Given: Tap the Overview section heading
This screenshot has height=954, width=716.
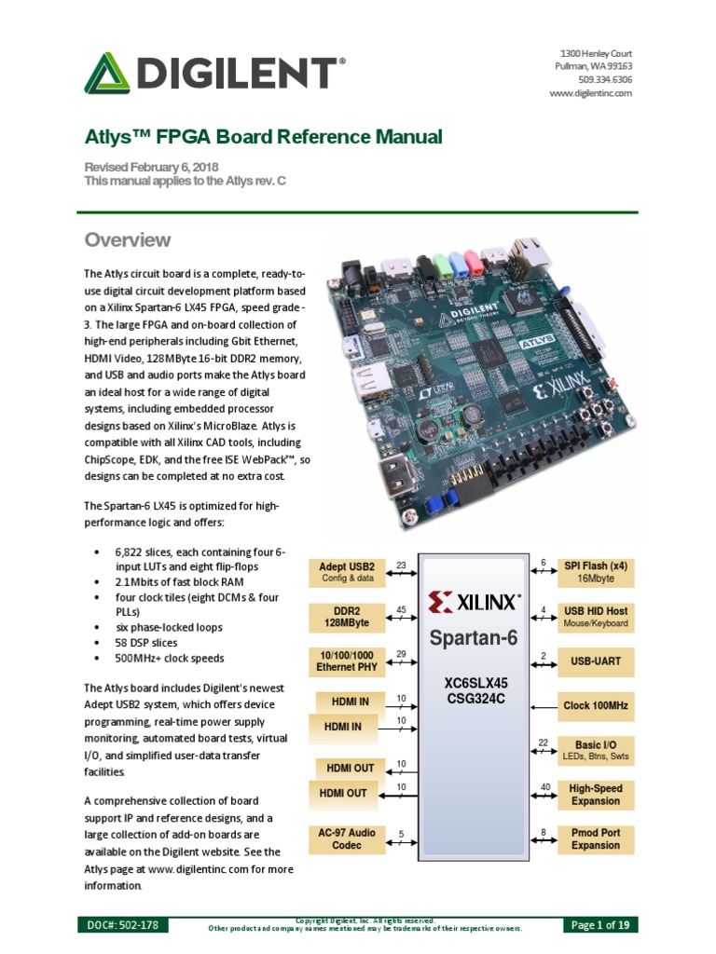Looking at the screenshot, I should coord(128,239).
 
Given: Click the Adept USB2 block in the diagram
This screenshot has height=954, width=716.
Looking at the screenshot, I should coord(346,571).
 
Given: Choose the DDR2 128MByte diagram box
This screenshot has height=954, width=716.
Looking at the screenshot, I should coord(346,616).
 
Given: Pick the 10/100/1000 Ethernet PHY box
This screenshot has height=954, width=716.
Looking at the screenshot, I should coord(346,661).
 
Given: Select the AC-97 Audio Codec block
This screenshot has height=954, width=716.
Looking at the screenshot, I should coord(346,838).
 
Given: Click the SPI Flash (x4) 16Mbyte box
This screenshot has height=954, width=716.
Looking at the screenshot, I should coord(595,571).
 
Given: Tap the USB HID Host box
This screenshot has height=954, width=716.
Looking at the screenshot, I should coord(595,616).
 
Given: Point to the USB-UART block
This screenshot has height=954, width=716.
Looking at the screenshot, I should coord(595,661).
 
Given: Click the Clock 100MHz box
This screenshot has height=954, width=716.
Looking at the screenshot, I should coord(595,706).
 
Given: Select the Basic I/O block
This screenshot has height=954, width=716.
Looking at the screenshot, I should coord(595,750).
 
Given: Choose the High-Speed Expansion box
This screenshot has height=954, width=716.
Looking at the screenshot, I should coord(595,795).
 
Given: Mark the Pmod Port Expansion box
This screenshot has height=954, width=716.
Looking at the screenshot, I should coord(595,838).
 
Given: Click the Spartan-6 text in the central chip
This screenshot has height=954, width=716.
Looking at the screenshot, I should coord(473,639).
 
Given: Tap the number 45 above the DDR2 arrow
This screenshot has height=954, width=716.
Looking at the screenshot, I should coord(401,609).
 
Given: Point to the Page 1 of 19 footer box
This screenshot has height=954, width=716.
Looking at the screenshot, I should coord(601,925).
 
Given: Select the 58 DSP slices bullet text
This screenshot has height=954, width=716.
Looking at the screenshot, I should coord(146,643).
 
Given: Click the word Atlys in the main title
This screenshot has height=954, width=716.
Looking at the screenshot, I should coord(109,138).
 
